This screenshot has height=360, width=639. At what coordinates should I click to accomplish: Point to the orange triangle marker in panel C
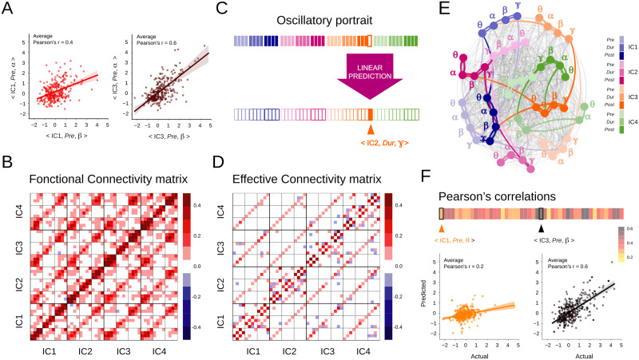tap(370, 129)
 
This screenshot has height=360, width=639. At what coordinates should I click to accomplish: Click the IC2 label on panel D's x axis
tap(288, 351)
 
